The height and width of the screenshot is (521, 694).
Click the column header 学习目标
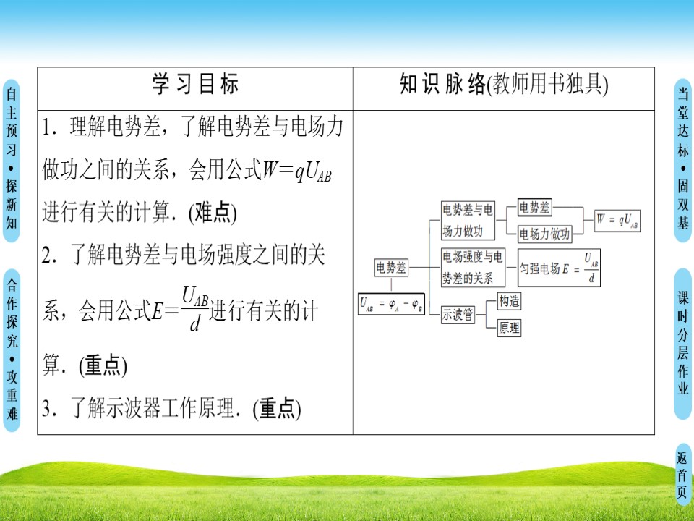pos(195,85)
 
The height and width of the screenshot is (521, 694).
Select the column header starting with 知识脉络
pos(504,85)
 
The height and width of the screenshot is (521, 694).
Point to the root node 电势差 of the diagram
pos(391,268)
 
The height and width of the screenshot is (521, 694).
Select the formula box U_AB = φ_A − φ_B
pos(391,305)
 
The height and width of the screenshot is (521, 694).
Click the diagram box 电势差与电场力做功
pos(468,220)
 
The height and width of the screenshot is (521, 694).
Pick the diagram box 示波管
pos(458,314)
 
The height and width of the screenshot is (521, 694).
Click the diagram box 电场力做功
pos(545,233)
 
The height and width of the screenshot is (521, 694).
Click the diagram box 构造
pos(510,301)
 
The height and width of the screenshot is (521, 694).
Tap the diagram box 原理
pos(510,328)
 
